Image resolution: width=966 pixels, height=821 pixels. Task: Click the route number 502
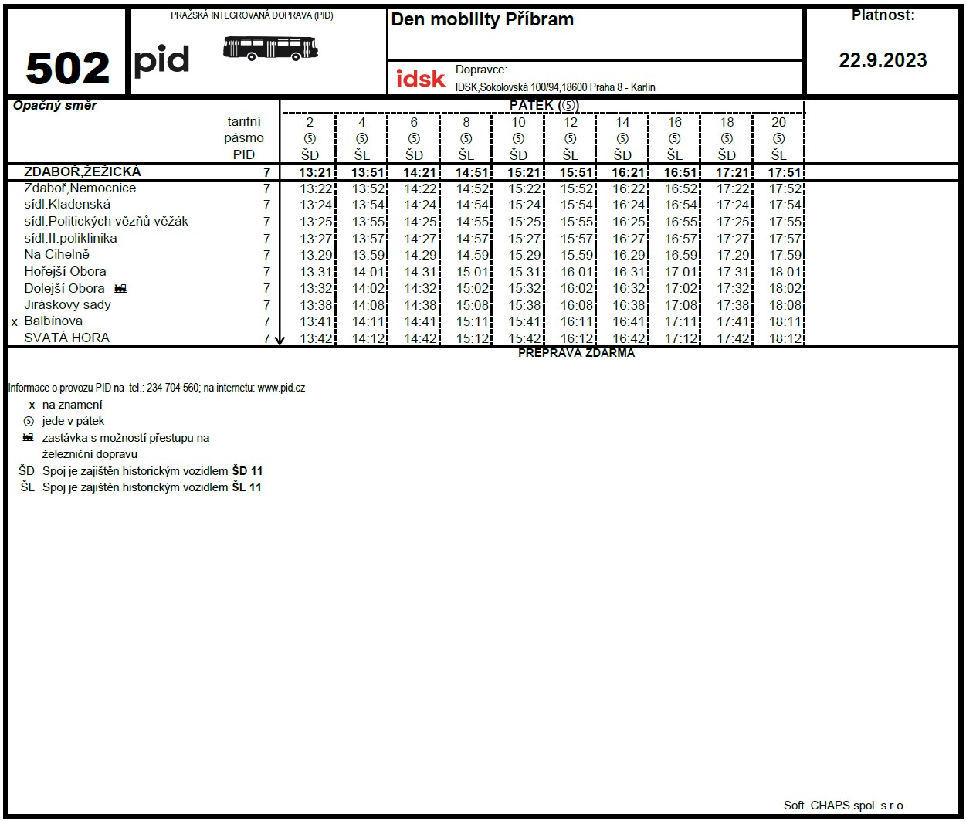pos(67,68)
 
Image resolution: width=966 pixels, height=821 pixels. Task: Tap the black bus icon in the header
pos(270,48)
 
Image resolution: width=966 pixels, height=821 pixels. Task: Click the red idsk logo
pos(421,78)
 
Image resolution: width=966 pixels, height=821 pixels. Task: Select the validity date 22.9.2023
pos(883,61)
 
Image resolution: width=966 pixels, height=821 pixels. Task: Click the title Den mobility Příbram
pos(483,20)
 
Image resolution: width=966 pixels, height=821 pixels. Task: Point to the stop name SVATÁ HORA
pos(67,338)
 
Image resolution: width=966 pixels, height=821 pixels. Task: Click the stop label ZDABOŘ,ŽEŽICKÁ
pos(83,171)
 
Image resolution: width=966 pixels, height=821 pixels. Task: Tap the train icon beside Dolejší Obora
pos(120,289)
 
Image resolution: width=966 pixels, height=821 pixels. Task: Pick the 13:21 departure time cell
pos(316,173)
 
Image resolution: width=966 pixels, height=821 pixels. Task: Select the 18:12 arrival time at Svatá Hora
pos(785,338)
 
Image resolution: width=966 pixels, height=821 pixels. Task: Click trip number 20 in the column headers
pos(778,122)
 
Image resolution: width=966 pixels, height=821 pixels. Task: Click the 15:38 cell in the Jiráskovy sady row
pos(524,305)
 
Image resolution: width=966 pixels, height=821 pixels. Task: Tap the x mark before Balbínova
pos(14,322)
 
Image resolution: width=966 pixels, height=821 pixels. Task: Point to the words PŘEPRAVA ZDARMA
pos(576,353)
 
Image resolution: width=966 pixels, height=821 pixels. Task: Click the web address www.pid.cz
pos(281,388)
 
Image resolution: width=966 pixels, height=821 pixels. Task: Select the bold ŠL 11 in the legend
pos(246,487)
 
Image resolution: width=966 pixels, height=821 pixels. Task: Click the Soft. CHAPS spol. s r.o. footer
pos(844,805)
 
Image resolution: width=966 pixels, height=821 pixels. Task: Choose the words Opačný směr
pos(55,106)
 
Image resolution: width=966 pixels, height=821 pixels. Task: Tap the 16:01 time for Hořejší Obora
pos(576,272)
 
